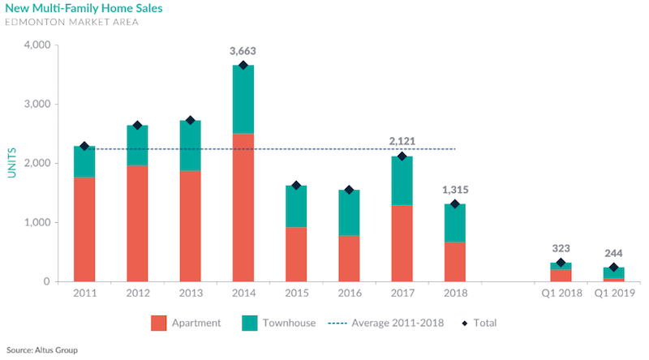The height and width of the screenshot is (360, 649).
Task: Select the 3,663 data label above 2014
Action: point(243,50)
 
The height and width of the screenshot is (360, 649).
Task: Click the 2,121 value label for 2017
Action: point(401,141)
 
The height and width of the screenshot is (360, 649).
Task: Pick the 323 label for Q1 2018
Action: point(560,248)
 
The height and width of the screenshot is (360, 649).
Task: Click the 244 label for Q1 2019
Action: point(613,252)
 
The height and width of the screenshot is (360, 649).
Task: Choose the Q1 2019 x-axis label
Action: point(613,295)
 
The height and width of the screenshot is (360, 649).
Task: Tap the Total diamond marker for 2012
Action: point(137,125)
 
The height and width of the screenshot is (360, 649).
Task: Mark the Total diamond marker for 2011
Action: point(84,146)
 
